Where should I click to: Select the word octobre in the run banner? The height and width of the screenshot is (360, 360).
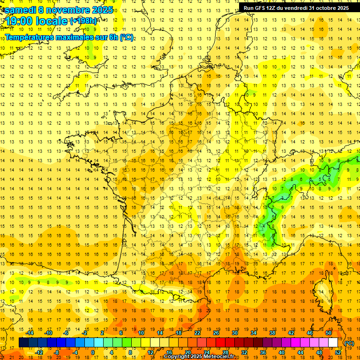point(323,7)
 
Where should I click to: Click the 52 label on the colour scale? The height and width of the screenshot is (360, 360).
point(338,352)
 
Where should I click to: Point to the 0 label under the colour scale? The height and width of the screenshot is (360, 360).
point(93,352)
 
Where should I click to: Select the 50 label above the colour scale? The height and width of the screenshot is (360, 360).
point(329,333)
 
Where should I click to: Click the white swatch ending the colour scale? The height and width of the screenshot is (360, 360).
point(333,343)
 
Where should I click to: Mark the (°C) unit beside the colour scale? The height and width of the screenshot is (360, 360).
point(349,343)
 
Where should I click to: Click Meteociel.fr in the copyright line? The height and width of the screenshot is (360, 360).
point(220,357)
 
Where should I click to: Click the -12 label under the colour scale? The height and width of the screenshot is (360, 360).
point(39,352)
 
